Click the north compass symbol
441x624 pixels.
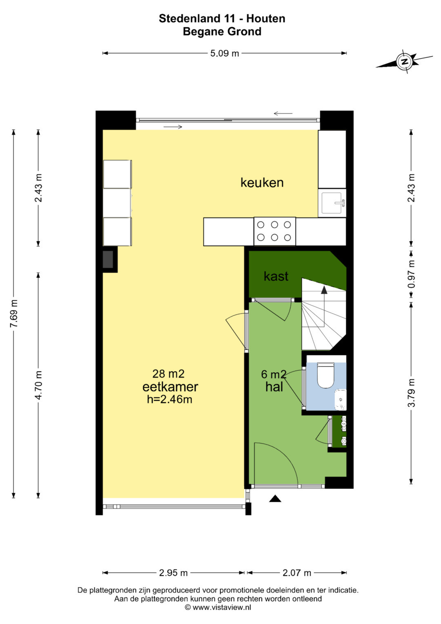click(404, 62)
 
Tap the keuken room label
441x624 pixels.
click(262, 183)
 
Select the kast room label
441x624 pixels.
click(276, 276)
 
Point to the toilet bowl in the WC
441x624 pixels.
click(325, 375)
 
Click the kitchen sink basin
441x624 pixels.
click(332, 203)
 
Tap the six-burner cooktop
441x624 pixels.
click(274, 231)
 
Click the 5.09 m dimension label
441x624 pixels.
click(225, 53)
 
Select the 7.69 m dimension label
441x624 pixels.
click(14, 314)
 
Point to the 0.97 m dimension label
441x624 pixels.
click(411, 274)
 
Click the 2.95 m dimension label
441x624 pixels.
click(173, 573)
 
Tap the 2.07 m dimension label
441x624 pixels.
click(297, 573)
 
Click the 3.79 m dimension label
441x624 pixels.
click(411, 393)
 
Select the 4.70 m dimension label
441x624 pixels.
click(38, 385)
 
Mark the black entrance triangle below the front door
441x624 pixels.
click(275, 499)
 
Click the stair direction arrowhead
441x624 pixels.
click(324, 290)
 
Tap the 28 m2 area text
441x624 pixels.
click(168, 374)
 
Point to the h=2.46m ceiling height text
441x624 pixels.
click(169, 400)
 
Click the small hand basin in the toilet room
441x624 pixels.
click(341, 400)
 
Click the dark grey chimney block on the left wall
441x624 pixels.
click(108, 259)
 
